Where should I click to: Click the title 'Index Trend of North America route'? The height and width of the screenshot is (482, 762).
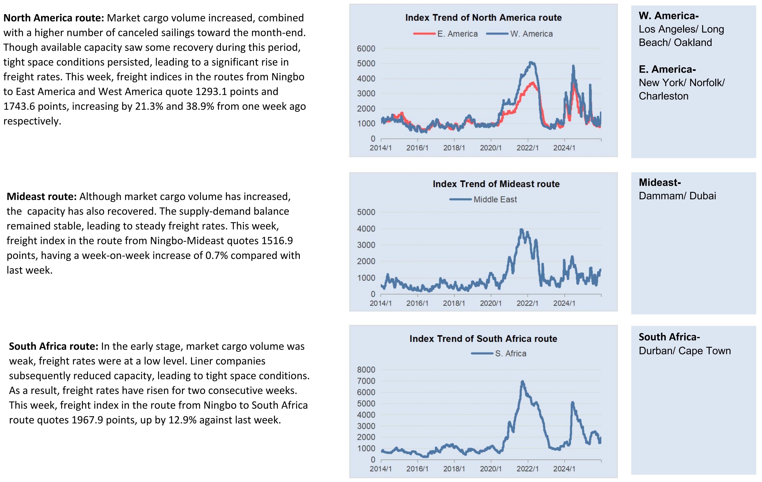tap(483, 18)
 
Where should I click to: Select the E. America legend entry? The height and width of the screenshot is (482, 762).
tap(457, 34)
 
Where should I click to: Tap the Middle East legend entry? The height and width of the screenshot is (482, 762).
tap(495, 200)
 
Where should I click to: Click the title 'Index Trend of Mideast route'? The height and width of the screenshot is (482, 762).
tap(496, 184)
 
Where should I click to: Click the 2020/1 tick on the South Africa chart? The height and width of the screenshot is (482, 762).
tap(490, 469)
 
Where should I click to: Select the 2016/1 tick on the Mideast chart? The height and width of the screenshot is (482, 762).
tap(417, 303)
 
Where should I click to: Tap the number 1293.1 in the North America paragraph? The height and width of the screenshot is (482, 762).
tap(211, 91)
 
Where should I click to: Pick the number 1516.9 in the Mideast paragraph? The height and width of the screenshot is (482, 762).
tap(277, 241)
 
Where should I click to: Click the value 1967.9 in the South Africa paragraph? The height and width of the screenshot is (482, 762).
tap(87, 420)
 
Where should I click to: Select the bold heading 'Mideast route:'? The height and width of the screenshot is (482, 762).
tap(41, 197)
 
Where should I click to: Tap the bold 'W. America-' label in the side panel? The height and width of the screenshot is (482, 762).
tap(668, 16)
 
